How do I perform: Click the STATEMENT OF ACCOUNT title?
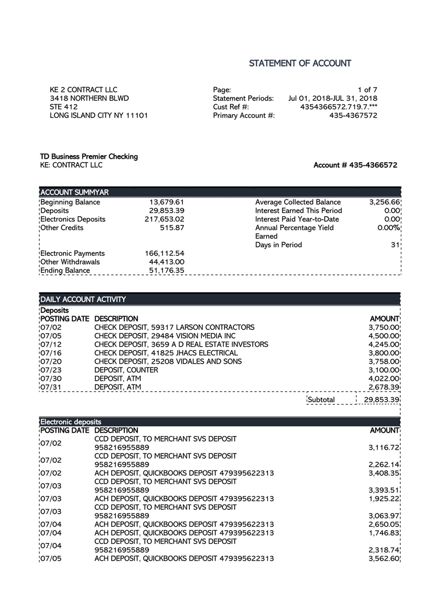point(300,64)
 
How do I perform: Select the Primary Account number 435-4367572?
point(353,116)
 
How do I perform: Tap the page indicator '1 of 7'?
point(367,90)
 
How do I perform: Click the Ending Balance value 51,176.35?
point(166,271)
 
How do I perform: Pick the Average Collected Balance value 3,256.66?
point(384,202)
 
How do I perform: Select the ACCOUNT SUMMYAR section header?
point(74,192)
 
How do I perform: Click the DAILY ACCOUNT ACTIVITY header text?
point(83,299)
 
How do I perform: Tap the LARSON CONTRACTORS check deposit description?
point(174,327)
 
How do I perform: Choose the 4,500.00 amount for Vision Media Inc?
point(384,336)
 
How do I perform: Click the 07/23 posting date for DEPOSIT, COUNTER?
point(51,370)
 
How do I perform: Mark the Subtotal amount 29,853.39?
point(382,400)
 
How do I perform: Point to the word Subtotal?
point(321,400)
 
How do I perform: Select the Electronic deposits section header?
point(71,422)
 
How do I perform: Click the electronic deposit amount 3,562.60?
point(384,559)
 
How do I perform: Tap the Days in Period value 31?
point(395,245)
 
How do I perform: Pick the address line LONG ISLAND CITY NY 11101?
point(99,116)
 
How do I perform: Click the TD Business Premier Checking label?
point(89,157)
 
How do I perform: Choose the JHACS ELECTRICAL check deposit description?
point(166,353)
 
